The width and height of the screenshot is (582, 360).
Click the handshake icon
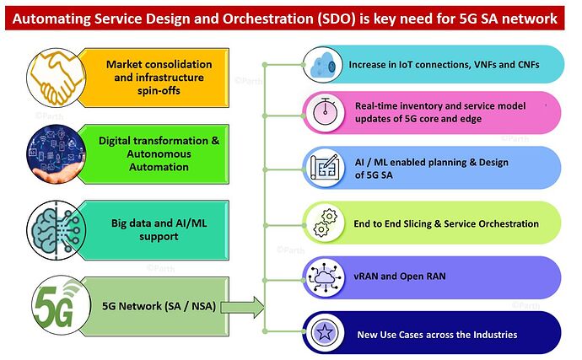pos(57,78)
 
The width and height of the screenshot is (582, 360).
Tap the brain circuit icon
pos(57,230)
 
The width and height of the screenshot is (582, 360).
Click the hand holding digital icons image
pos(57,154)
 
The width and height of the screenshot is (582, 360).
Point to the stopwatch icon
pos(325,112)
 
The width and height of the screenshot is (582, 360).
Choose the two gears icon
pos(325,223)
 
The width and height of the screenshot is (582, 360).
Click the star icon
pos(325,332)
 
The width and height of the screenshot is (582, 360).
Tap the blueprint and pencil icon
pos(325,168)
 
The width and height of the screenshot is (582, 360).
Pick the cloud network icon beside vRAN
pos(324,277)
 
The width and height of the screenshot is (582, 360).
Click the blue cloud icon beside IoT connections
pos(322,66)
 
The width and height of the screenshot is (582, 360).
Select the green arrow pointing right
pos(242,307)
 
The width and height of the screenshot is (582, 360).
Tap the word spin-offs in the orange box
pos(159,90)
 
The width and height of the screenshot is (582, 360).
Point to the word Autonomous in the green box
pos(159,153)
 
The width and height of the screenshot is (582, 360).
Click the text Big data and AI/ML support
pos(159,229)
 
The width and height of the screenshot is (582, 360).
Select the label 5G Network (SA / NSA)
pos(159,306)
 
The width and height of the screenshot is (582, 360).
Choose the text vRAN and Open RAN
pos(400,277)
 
